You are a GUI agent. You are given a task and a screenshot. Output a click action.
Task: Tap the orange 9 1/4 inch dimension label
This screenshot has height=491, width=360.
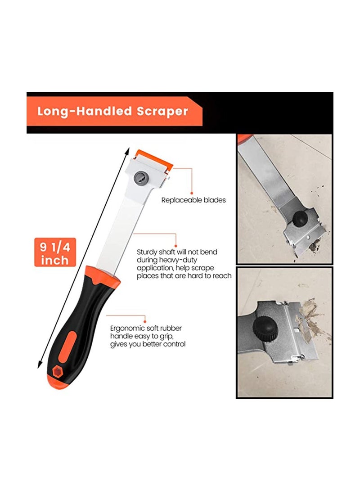coord(54,253)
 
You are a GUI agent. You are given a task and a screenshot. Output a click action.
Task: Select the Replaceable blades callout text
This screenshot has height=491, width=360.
coord(193,200)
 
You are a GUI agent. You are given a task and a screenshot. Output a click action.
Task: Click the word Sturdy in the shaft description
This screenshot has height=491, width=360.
coord(148,252)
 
